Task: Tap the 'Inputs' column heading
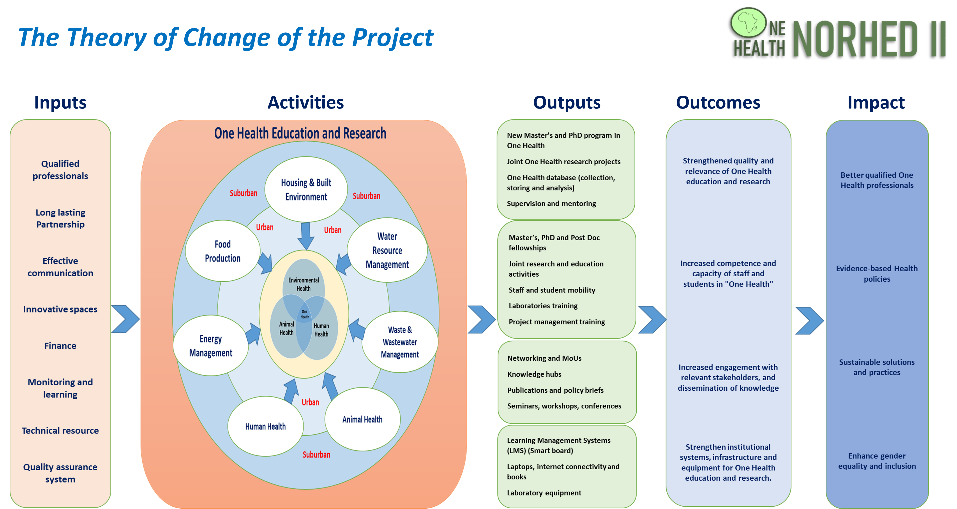click(x=60, y=102)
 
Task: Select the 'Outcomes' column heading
click(x=718, y=102)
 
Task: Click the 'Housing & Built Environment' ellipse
click(x=306, y=189)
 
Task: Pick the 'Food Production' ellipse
click(x=222, y=251)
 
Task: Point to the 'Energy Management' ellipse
click(x=211, y=346)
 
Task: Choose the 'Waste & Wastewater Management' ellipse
click(x=400, y=342)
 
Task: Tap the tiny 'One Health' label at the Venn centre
click(x=305, y=314)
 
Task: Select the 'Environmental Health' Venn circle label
click(x=304, y=284)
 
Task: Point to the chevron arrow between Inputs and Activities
click(x=125, y=319)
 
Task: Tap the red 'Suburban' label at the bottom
click(x=316, y=455)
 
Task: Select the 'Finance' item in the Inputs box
click(x=60, y=346)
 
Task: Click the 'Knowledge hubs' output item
click(x=534, y=374)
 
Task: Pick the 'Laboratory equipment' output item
click(x=544, y=493)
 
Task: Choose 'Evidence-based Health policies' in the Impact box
click(x=877, y=274)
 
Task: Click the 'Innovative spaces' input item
click(x=60, y=309)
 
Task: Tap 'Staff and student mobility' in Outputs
click(x=552, y=290)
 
